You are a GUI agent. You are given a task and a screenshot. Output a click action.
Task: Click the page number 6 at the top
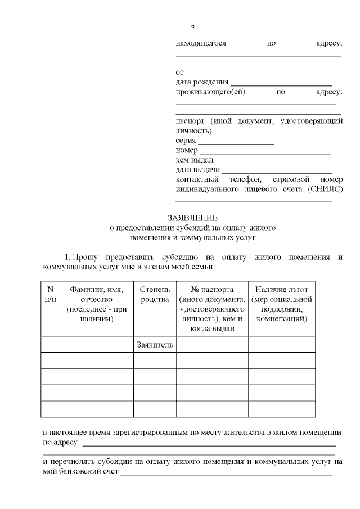(193, 26)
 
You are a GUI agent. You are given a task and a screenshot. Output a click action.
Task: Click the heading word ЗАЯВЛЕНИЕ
(192, 218)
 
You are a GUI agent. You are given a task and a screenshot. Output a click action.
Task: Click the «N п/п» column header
(50, 294)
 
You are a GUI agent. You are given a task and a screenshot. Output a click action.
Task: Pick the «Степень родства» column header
(155, 294)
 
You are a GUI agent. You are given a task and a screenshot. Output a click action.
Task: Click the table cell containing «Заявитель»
(155, 344)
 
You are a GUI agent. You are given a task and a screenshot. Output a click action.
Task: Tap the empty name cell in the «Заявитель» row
(97, 344)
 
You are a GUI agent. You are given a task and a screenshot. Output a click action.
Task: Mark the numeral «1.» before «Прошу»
(67, 256)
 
